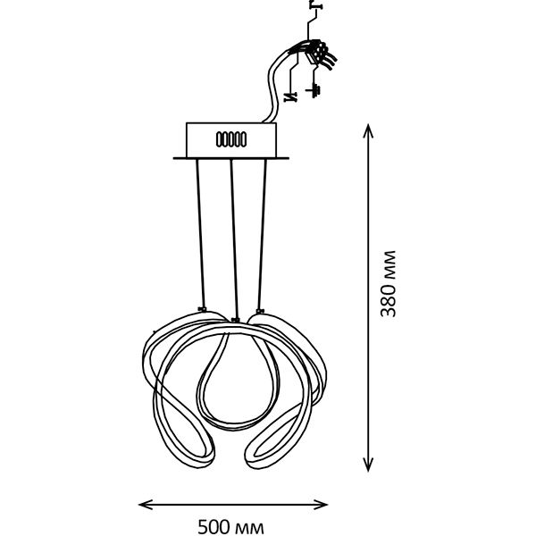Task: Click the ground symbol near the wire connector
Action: coord(314,90)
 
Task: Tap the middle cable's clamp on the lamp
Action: coord(233,319)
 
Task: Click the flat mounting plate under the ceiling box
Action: coord(232,159)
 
